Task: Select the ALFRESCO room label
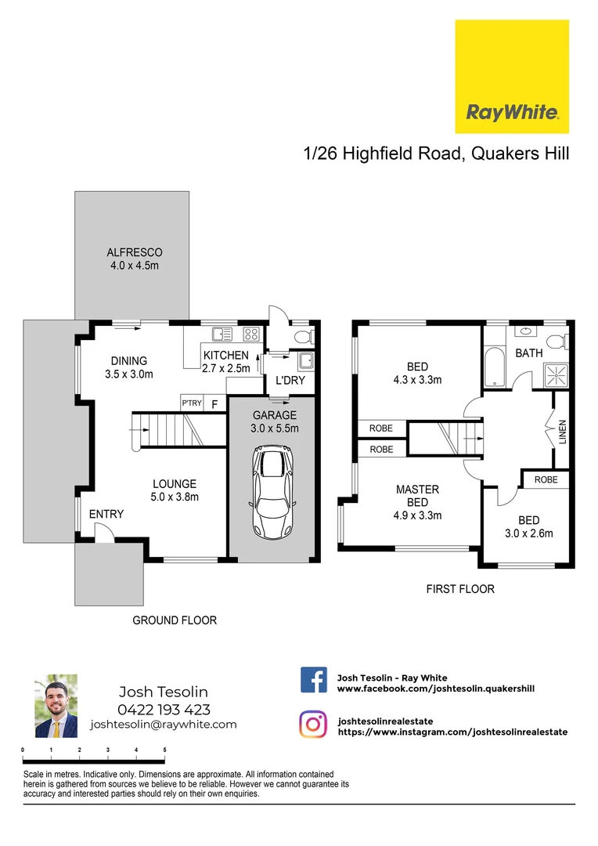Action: tap(135, 253)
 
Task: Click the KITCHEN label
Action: tap(226, 356)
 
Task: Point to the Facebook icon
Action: tap(313, 680)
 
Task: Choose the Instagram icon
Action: tap(313, 724)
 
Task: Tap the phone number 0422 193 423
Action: tap(164, 710)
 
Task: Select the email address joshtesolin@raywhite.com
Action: tap(164, 725)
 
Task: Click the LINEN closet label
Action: tap(562, 432)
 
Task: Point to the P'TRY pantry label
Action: tap(192, 404)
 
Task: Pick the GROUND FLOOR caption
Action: tap(174, 620)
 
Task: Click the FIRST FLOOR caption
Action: tap(460, 589)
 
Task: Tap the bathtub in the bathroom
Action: tap(495, 367)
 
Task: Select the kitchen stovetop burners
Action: tap(251, 334)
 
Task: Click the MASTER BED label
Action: tap(417, 496)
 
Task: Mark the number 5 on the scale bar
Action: tap(164, 750)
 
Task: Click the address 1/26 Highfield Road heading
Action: tap(436, 154)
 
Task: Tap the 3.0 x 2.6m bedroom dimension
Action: tap(530, 534)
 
